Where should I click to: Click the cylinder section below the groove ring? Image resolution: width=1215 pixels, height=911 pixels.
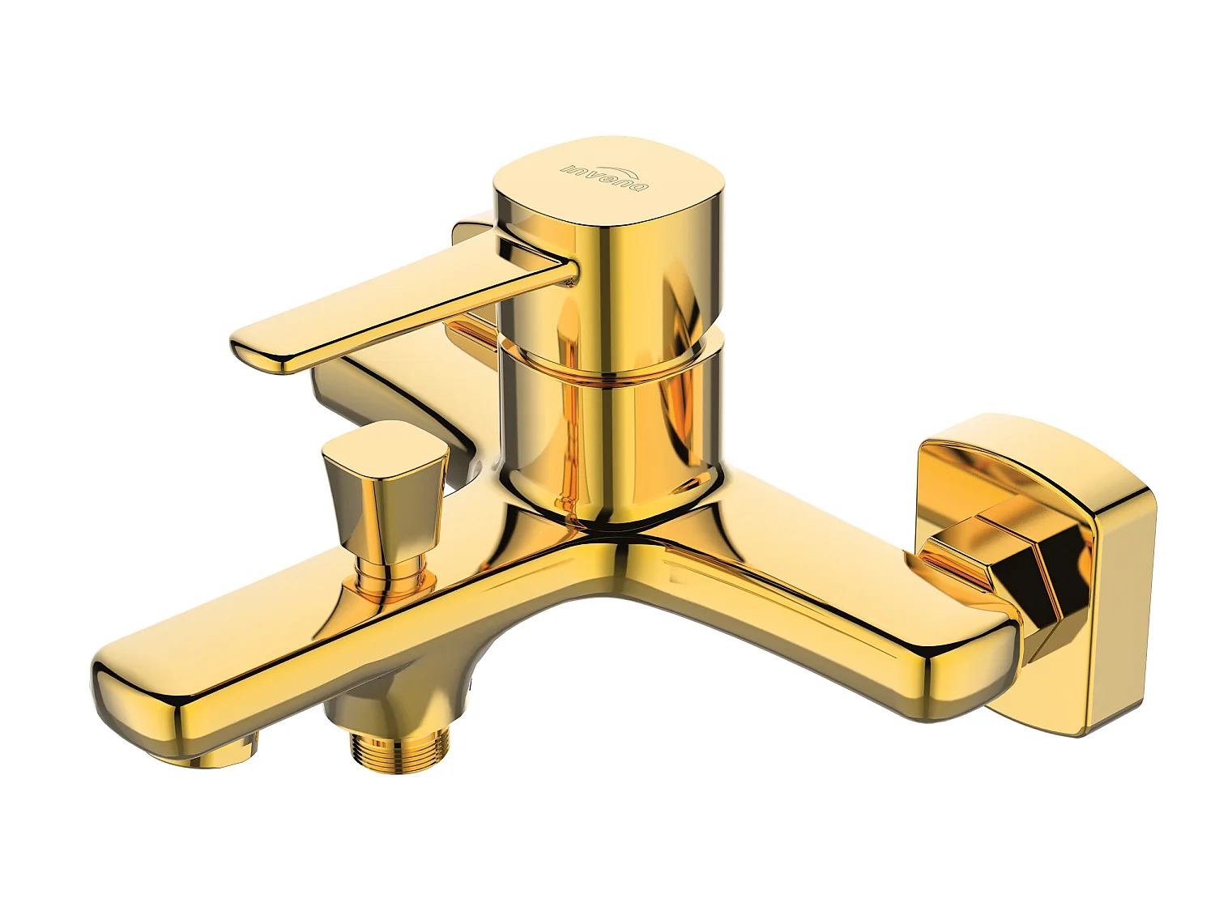[607, 429]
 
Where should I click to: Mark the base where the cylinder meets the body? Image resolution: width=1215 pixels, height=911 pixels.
[607, 510]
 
